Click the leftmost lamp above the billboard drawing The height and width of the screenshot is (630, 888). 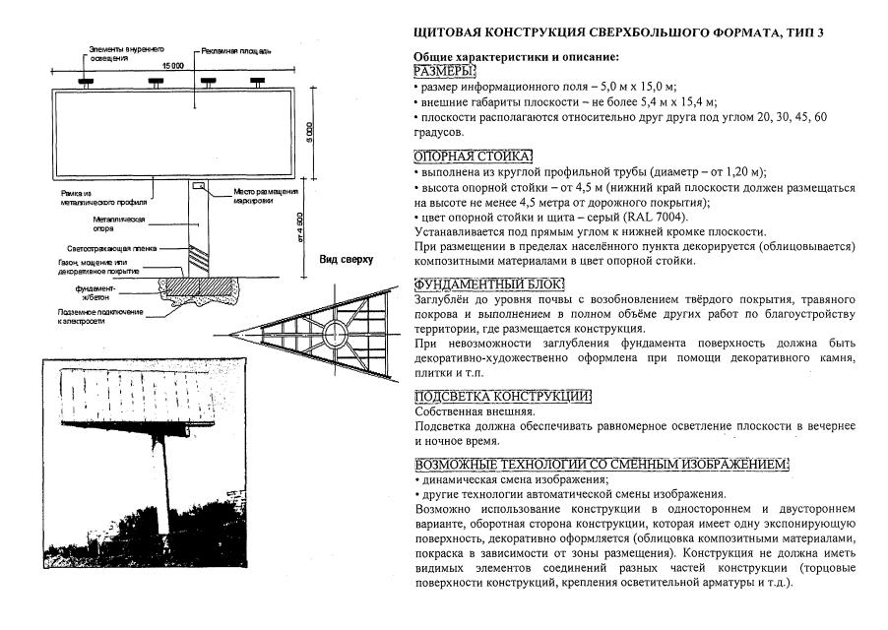(86, 81)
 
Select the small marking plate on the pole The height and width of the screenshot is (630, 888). (199, 184)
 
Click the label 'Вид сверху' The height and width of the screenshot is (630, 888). (346, 259)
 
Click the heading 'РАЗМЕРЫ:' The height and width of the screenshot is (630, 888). (445, 72)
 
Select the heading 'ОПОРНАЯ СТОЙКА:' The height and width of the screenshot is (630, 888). (473, 157)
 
